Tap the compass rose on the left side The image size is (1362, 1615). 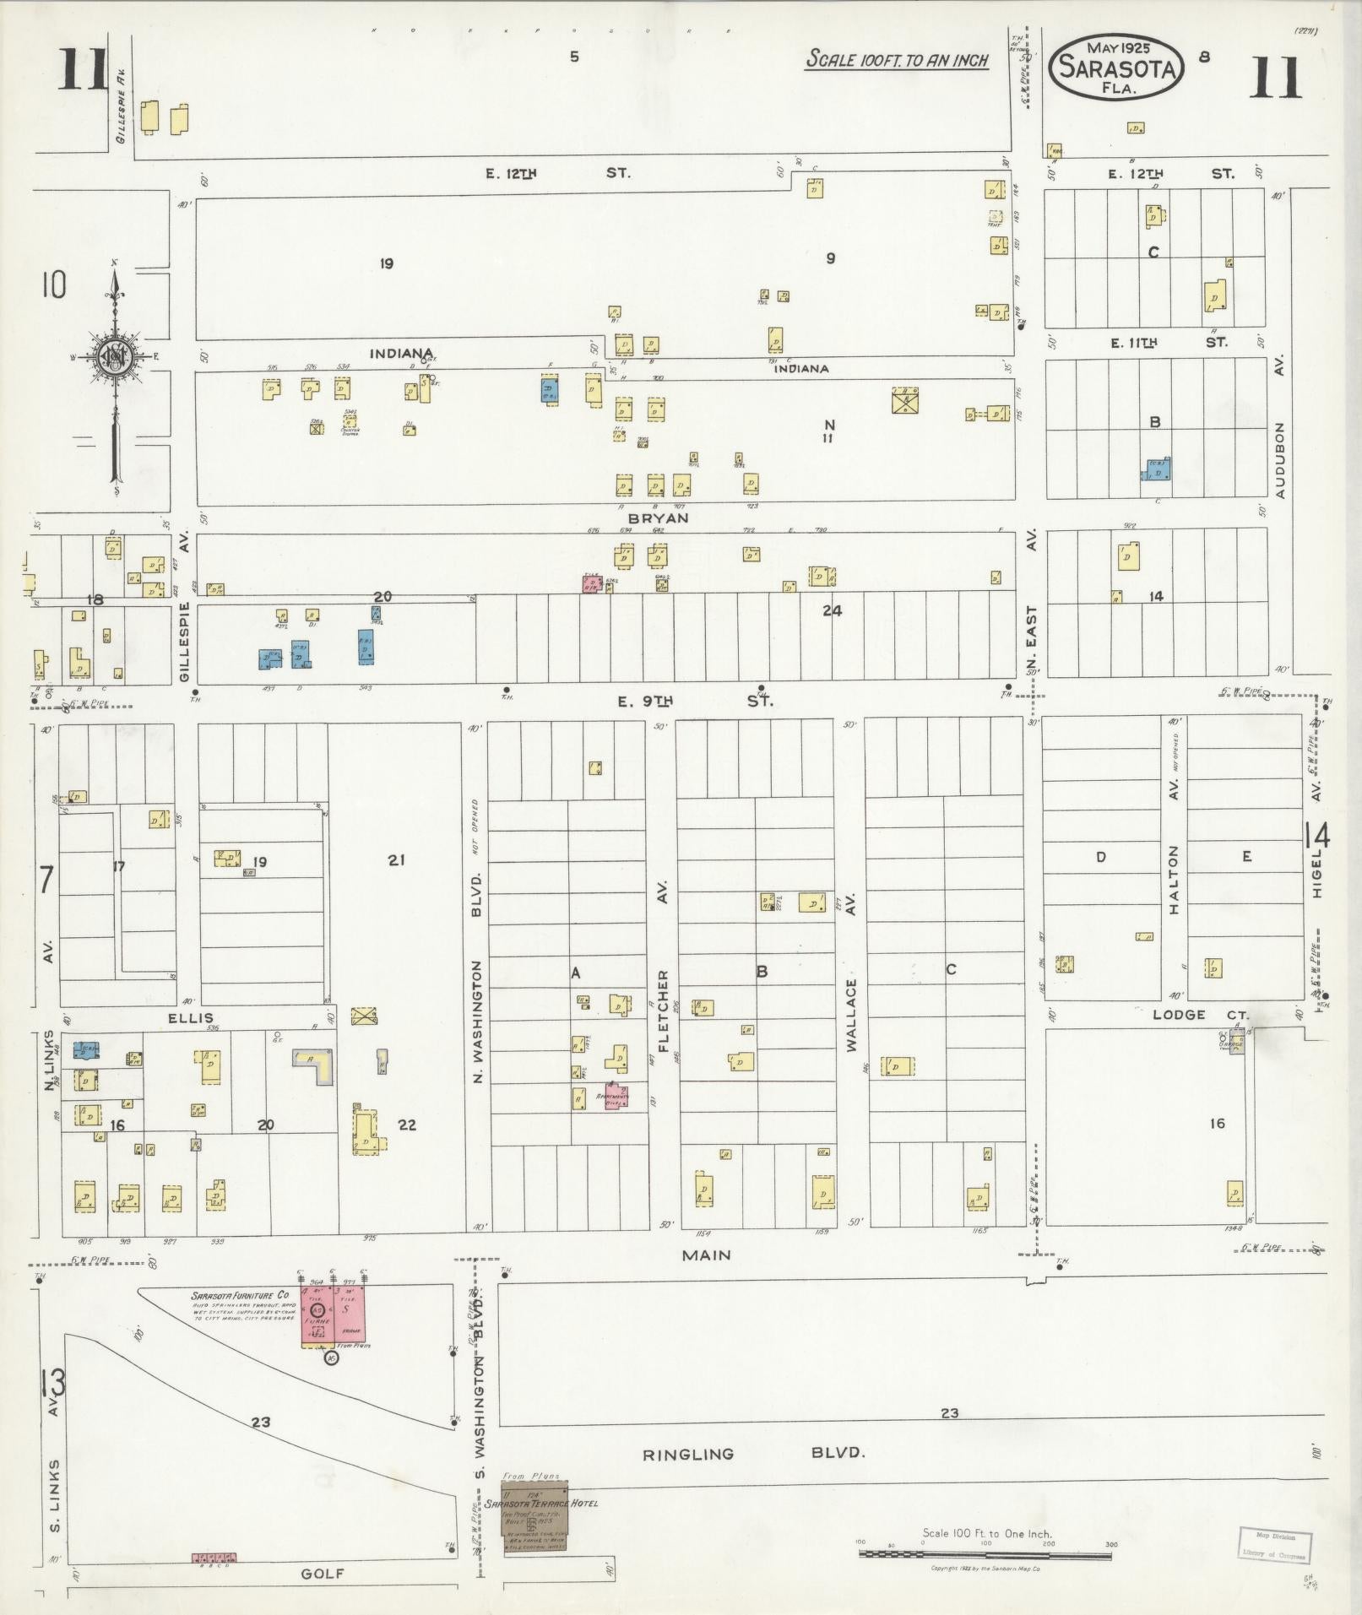pos(113,357)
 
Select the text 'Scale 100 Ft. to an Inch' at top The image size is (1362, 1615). pos(896,59)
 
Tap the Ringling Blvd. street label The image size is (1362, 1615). pos(755,1454)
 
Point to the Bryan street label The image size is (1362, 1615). pos(663,518)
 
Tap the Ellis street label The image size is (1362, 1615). pos(190,1018)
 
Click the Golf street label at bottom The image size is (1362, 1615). pos(323,1574)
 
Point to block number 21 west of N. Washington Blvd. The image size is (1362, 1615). pos(397,860)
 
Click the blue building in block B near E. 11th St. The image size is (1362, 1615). pos(1157,470)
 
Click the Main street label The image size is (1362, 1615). pos(706,1255)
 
